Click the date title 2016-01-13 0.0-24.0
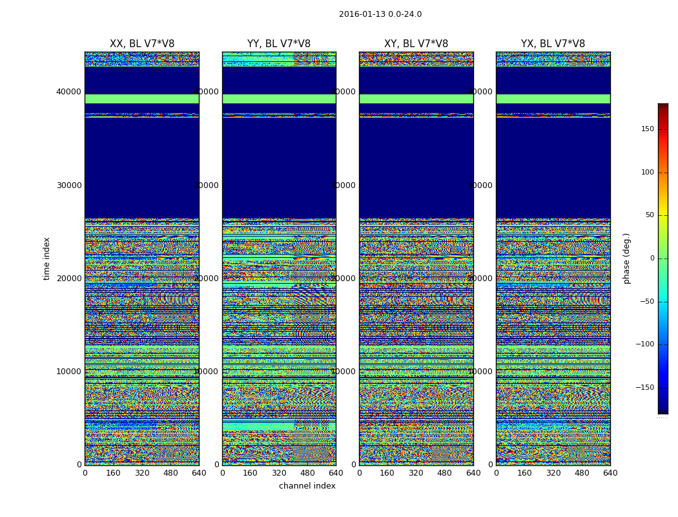(380, 14)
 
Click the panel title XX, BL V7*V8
(142, 44)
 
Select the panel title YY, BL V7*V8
(279, 44)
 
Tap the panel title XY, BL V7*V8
(416, 44)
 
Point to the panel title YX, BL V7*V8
(553, 44)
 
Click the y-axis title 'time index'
(46, 258)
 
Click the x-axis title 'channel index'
(307, 486)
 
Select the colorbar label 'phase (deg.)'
(626, 258)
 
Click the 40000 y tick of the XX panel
(69, 92)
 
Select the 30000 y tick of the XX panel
(69, 185)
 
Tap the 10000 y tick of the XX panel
(69, 372)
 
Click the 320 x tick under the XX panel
(142, 473)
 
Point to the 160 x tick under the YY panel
(251, 473)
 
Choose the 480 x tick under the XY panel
(445, 473)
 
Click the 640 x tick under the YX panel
(610, 473)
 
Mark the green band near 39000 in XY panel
(416, 99)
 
